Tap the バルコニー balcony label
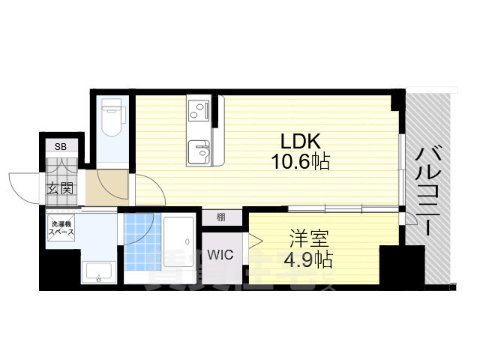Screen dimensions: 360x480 (x=430, y=191)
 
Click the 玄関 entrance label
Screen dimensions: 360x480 (x=61, y=188)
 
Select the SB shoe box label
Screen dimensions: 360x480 (x=61, y=147)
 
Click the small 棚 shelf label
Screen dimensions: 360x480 (x=221, y=218)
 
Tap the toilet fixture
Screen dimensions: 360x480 (x=112, y=120)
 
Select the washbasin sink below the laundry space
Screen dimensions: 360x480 (x=98, y=273)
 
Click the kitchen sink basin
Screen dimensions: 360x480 (x=199, y=149)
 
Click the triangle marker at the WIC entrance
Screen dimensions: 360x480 (x=255, y=241)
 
